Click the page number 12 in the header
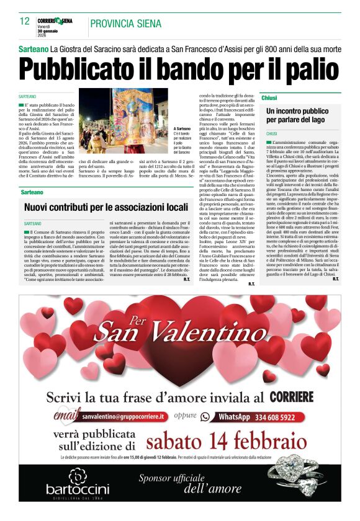[25, 21]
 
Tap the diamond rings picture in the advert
[300, 481]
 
